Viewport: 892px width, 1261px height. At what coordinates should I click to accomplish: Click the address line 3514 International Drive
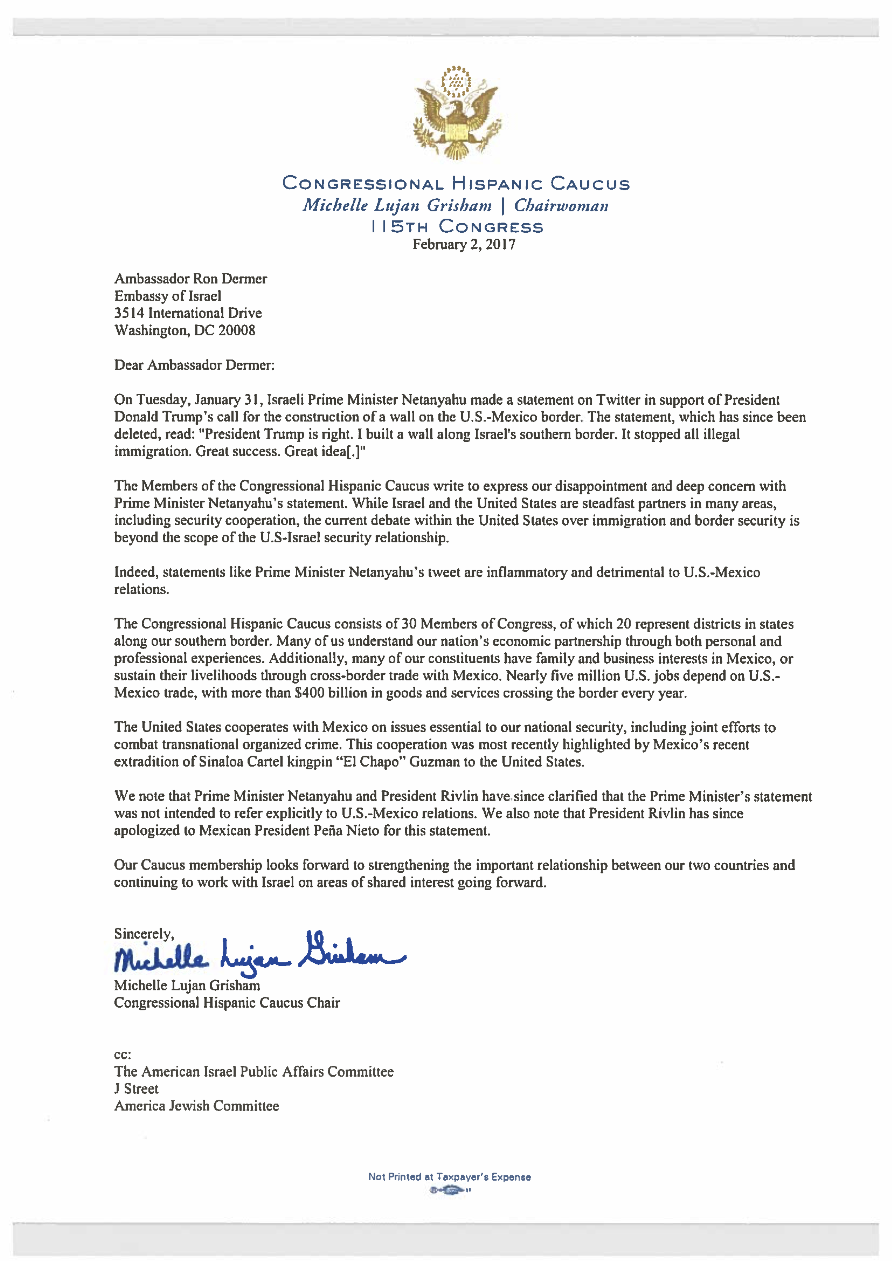(188, 313)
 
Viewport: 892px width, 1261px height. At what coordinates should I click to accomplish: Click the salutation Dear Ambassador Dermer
(194, 365)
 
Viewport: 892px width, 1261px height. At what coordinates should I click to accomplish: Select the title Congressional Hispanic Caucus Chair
(227, 1003)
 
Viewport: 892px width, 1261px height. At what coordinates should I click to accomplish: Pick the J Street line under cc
(136, 1089)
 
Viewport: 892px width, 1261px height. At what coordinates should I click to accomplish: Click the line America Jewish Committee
(196, 1106)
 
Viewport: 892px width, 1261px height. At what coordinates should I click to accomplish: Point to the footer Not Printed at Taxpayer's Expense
(449, 1177)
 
